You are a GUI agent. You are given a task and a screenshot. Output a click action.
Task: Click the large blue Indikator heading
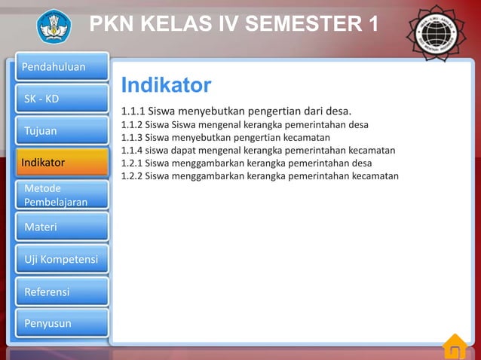point(166,84)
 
